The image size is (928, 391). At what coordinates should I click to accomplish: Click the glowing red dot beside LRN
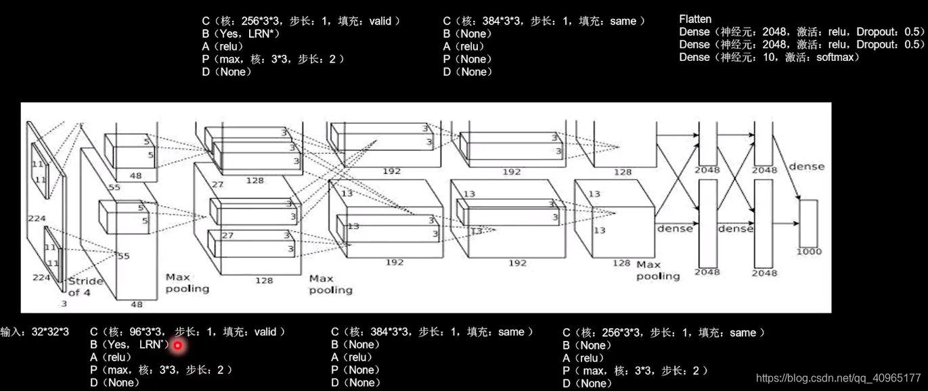tap(177, 345)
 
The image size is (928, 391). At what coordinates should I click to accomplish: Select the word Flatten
tap(695, 19)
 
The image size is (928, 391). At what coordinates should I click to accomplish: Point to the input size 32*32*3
tap(50, 332)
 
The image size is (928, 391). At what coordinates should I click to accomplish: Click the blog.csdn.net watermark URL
tap(838, 378)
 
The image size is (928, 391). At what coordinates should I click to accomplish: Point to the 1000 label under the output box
tap(809, 252)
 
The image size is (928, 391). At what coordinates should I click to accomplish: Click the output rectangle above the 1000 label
tap(809, 223)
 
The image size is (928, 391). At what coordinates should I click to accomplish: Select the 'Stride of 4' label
tap(85, 287)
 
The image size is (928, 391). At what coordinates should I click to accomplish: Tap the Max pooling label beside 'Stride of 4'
tap(187, 283)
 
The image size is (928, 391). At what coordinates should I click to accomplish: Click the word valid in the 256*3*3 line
tap(380, 21)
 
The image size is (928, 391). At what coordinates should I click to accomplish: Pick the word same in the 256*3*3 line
tap(743, 332)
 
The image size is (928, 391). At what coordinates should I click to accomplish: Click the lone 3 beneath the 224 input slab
tap(64, 304)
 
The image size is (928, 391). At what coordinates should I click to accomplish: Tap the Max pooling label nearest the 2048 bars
tap(657, 270)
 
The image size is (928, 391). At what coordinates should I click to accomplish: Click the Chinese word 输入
tap(11, 332)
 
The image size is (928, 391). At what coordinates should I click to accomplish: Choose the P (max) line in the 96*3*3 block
tap(161, 370)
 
